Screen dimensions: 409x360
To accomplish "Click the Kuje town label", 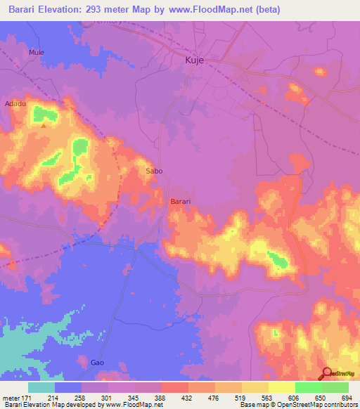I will [x=194, y=61].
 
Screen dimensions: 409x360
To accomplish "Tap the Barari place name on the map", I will [x=181, y=202].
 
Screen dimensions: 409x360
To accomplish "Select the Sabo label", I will [x=154, y=171].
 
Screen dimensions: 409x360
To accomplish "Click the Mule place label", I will [x=36, y=53].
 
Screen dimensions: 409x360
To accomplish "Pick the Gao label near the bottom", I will [x=98, y=363].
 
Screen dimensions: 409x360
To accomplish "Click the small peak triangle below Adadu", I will [x=44, y=126].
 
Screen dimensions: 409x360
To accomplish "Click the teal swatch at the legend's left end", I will [x=41, y=387].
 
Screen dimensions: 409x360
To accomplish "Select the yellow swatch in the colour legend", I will [x=281, y=387].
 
